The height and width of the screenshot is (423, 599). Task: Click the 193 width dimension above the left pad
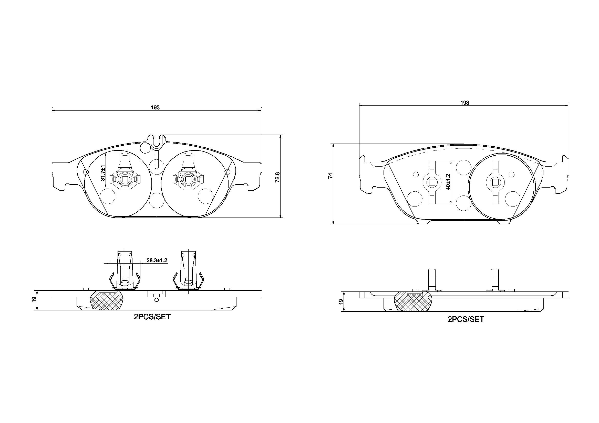(155, 107)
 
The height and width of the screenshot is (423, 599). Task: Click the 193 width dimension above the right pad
(465, 103)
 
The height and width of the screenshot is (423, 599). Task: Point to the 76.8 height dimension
(277, 177)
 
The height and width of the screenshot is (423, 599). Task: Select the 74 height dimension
(331, 176)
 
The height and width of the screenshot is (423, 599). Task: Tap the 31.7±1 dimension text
(103, 173)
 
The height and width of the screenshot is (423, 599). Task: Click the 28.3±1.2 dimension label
(157, 260)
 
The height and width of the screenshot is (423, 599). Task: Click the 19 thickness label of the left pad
(34, 299)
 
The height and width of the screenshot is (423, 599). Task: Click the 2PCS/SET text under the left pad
(152, 317)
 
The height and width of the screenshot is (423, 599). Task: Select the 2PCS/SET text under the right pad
(466, 320)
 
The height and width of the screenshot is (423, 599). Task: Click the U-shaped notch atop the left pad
(157, 142)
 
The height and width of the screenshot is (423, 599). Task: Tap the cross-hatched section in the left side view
(106, 301)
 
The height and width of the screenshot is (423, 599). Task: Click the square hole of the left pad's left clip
(125, 179)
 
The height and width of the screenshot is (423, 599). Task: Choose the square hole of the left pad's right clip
(188, 179)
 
